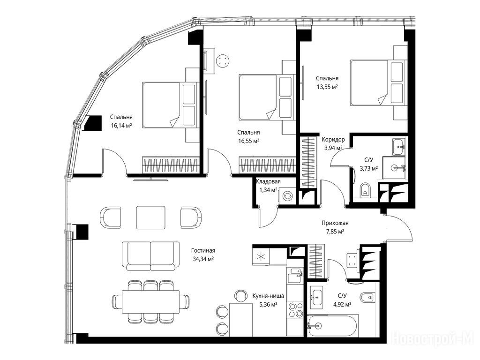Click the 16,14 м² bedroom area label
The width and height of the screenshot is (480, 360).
click(121, 125)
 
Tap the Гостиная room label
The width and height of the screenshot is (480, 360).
click(204, 250)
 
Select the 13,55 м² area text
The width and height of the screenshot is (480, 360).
click(327, 87)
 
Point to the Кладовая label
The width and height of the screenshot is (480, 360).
click(268, 181)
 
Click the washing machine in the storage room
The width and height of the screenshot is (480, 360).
click(287, 196)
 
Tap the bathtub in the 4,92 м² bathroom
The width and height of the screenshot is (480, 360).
click(333, 326)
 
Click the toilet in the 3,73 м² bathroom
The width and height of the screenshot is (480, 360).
click(365, 190)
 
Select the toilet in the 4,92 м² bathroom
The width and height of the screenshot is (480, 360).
click(367, 297)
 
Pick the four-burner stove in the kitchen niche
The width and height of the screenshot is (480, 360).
click(295, 310)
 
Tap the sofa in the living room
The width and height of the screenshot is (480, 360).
click(150, 256)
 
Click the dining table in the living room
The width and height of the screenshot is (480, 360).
click(150, 302)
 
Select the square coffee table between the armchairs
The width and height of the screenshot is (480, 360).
click(150, 217)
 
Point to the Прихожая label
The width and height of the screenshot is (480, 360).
click(335, 223)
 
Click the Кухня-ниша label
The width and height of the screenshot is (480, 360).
click(268, 296)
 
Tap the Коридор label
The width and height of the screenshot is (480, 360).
click(333, 140)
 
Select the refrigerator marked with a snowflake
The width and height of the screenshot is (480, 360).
click(261, 256)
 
